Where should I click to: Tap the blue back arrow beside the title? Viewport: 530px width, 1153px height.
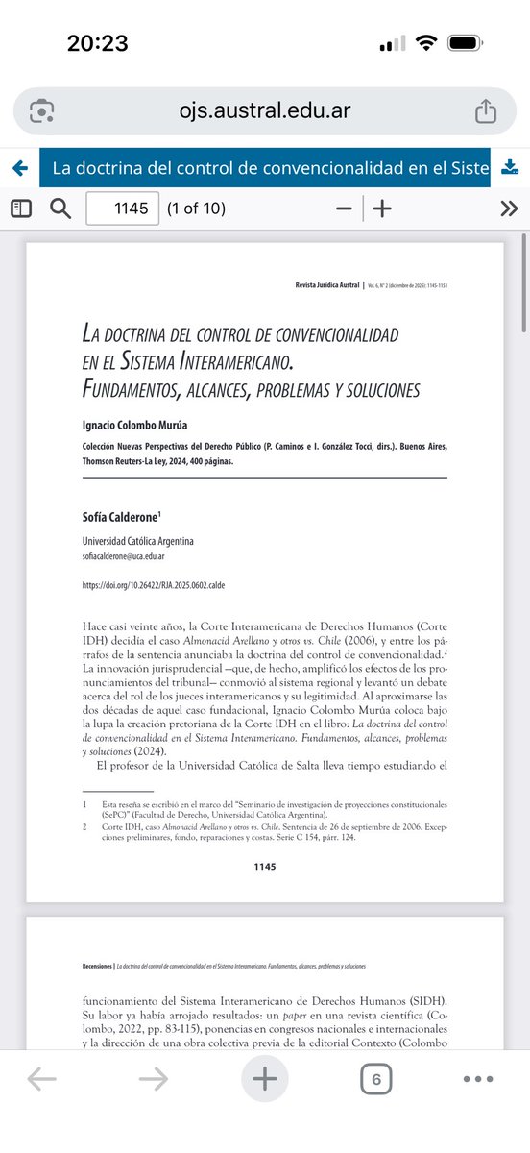point(19,169)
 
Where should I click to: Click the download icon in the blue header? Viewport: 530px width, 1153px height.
point(511,168)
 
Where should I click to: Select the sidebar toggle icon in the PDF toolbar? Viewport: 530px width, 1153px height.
point(21,209)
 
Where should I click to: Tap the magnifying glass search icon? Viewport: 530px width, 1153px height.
point(60,209)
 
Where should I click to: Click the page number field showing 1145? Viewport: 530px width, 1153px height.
point(123,209)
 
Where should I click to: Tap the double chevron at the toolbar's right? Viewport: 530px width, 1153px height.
point(509,209)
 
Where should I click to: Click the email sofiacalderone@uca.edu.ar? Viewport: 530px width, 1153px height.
point(135,556)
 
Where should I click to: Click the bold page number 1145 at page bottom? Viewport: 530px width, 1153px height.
point(264,867)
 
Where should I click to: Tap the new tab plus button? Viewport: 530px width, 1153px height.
point(264,1079)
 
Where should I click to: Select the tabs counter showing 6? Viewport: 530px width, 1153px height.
point(375,1079)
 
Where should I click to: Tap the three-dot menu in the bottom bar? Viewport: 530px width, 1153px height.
point(477,1079)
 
